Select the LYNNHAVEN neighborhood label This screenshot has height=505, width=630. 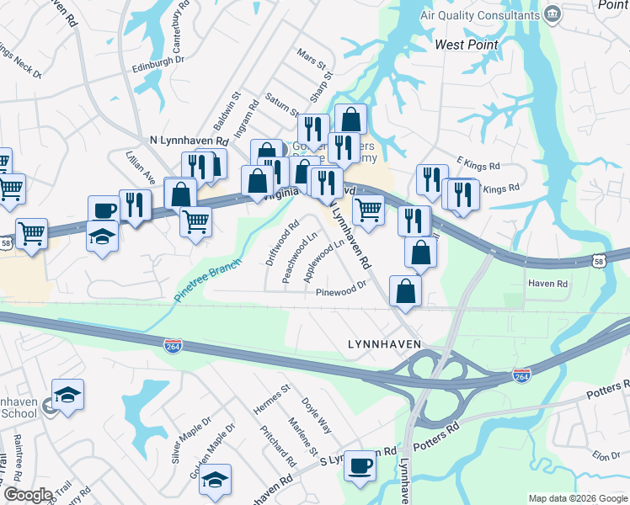pos(384,344)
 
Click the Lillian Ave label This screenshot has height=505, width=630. pos(141,167)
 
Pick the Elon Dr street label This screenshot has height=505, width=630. pos(606,455)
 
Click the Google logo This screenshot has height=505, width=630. pos(28,495)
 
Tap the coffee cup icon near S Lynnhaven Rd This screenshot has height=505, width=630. pos(360,465)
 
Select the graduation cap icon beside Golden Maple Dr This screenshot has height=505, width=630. pos(216,481)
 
